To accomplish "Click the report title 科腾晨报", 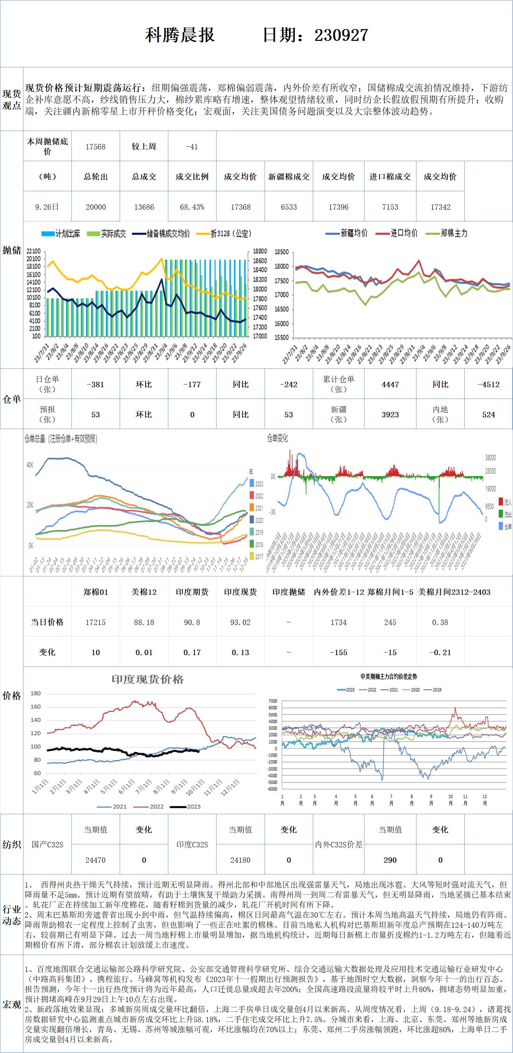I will [x=180, y=35].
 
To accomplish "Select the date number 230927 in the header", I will [x=341, y=35].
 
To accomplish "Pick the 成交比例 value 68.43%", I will [x=192, y=207].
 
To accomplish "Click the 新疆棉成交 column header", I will [x=288, y=177].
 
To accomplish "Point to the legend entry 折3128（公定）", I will [x=225, y=234].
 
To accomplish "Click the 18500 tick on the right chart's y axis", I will [x=281, y=252].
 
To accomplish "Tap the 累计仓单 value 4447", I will [x=390, y=384].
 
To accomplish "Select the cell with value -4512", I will [x=489, y=384].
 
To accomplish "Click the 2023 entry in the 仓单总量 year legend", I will [x=256, y=484].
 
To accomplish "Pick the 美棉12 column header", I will [x=144, y=592].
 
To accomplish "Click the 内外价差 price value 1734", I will [x=338, y=622].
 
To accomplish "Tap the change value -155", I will [x=338, y=652].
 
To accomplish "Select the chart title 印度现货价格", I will [x=148, y=679].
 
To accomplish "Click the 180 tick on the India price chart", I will [x=36, y=693].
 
